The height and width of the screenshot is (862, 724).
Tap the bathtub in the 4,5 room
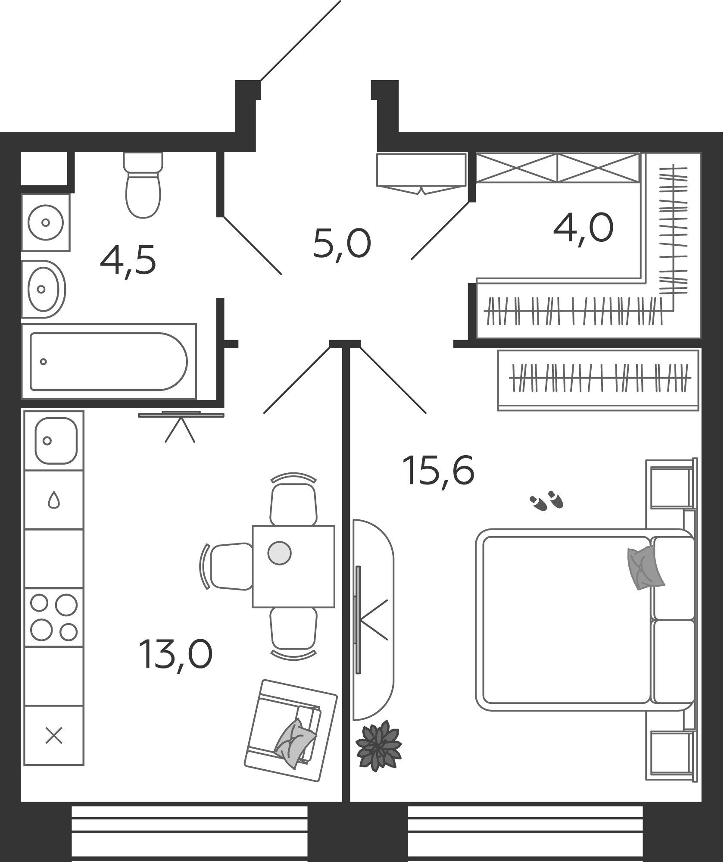(x=109, y=362)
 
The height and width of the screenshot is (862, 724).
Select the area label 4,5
(x=128, y=261)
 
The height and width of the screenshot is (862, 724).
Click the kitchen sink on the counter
(x=56, y=440)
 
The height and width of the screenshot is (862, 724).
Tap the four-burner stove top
(x=54, y=617)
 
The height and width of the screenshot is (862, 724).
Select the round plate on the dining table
(x=279, y=553)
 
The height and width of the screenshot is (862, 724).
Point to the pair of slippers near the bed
(x=546, y=501)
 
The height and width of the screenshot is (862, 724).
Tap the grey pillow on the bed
(x=645, y=568)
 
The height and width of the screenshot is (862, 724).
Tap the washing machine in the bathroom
(x=46, y=222)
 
